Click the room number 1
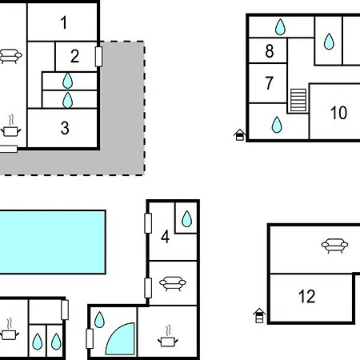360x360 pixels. (x=64, y=22)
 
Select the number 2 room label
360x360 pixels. (x=74, y=56)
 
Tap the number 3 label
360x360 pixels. (x=65, y=128)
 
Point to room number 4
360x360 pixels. (x=166, y=237)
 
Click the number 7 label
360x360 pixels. (x=270, y=82)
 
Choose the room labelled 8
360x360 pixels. (x=270, y=50)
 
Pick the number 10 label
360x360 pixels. (x=338, y=113)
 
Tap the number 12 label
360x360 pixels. (x=307, y=296)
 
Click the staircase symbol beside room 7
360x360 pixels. (x=298, y=100)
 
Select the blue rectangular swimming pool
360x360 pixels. (x=53, y=242)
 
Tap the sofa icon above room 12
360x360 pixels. (x=334, y=246)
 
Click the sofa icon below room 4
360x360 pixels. (x=173, y=283)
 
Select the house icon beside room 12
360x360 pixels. (x=259, y=316)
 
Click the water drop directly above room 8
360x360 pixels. (x=280, y=27)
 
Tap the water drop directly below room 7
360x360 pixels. (x=277, y=125)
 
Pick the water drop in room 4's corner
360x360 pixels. (x=186, y=219)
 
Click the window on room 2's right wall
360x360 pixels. (x=98, y=57)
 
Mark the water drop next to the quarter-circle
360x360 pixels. (x=99, y=319)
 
